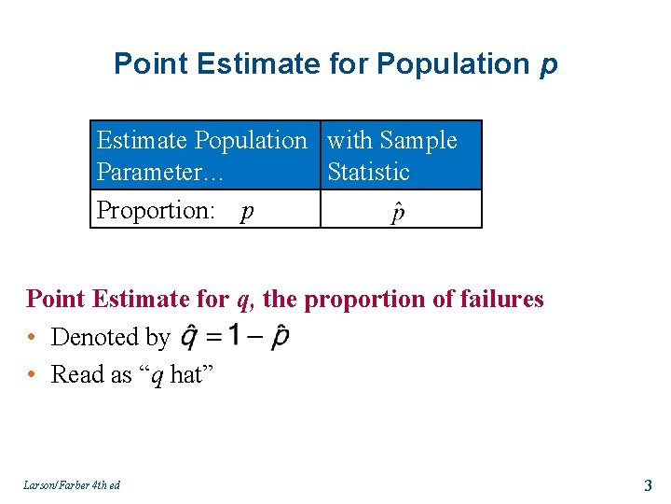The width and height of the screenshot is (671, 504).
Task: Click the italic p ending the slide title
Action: pos(548,65)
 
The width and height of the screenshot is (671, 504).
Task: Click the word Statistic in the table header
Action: pos(369,173)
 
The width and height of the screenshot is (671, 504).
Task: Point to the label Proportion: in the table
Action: pos(156,211)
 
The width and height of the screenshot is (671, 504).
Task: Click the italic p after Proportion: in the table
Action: pos(247,213)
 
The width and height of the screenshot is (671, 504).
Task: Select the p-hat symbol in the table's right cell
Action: pos(398,213)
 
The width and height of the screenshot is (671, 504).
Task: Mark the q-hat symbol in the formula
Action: pos(188,338)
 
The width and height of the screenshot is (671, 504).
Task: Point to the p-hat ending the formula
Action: pos(280,338)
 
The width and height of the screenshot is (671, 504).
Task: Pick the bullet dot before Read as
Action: pos(33,375)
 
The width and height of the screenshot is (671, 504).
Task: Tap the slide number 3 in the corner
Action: pos(648,484)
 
